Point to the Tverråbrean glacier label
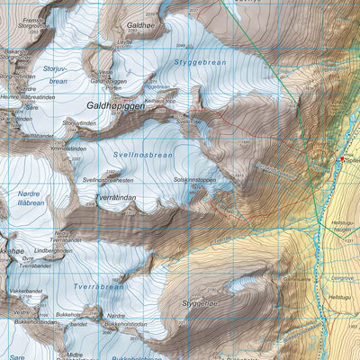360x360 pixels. tap(98, 286)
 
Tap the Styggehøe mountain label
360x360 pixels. tap(200, 304)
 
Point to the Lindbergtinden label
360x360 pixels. tap(53, 249)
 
